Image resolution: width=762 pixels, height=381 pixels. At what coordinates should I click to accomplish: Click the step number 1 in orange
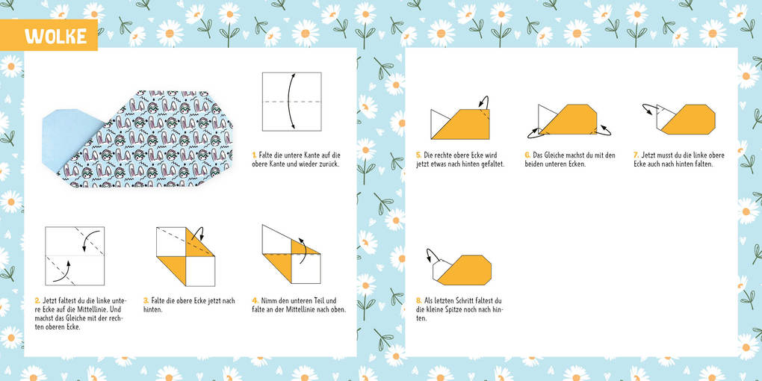click(x=254, y=155)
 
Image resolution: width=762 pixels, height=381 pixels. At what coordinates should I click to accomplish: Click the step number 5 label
click(x=418, y=155)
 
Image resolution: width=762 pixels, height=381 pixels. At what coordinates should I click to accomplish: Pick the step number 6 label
click(x=527, y=155)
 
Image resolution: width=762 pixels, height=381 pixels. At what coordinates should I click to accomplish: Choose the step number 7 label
click(x=636, y=155)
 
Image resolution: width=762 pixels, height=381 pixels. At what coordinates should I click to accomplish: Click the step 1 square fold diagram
click(x=291, y=102)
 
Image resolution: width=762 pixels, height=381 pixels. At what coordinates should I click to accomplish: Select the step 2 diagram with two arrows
click(x=75, y=255)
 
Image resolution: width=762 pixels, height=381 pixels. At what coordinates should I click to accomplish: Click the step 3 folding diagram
click(x=185, y=255)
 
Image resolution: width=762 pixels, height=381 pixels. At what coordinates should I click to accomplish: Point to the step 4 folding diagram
click(x=291, y=254)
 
